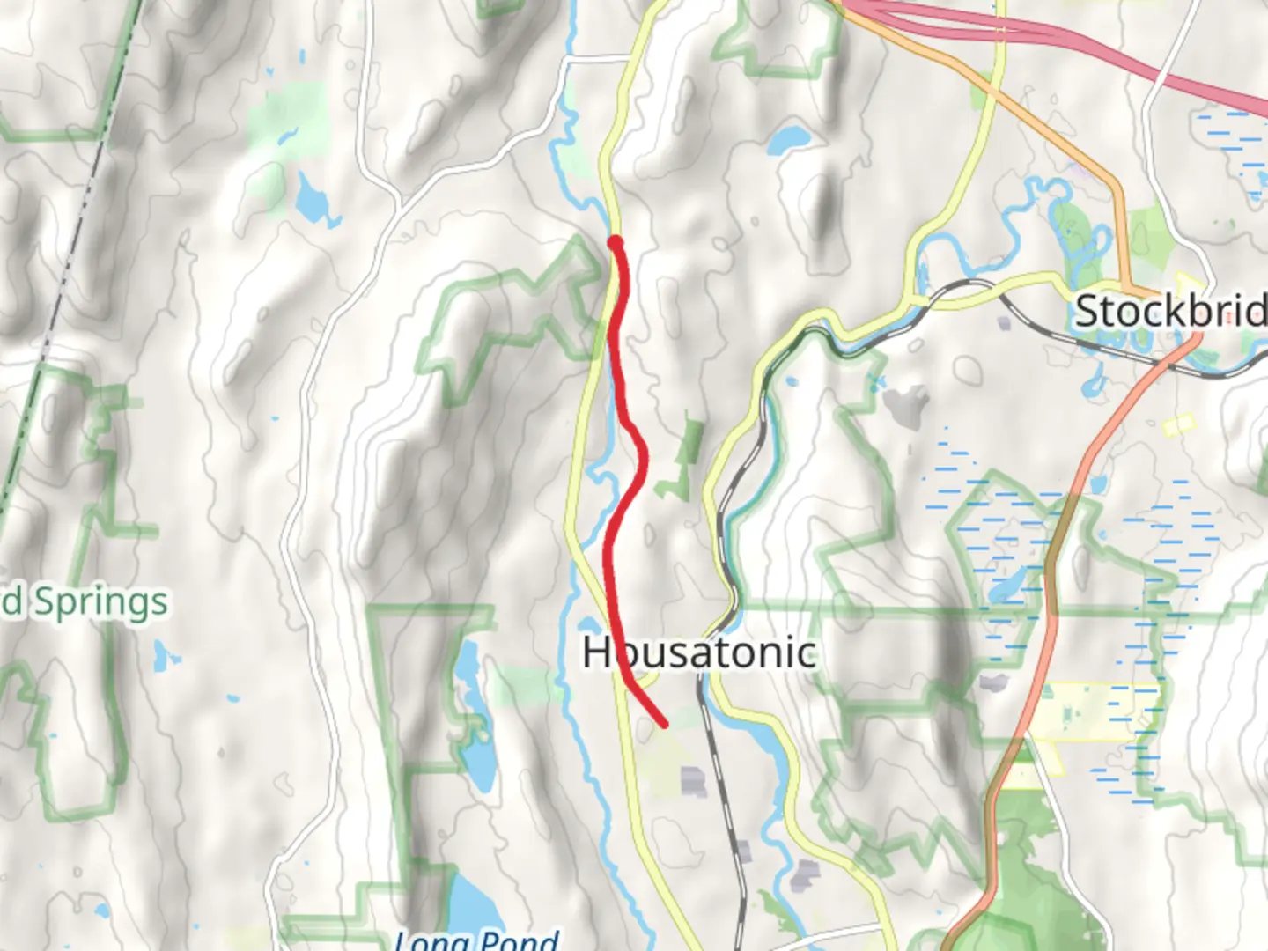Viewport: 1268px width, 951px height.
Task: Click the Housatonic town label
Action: (x=699, y=652)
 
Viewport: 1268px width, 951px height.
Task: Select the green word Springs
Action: (x=100, y=603)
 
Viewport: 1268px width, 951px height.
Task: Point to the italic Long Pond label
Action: (x=476, y=939)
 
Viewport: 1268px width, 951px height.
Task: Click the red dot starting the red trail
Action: (x=616, y=242)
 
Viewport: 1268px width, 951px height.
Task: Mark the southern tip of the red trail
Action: (x=664, y=725)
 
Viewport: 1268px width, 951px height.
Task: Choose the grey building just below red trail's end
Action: (x=693, y=780)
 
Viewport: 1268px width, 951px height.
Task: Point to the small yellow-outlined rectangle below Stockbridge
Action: (x=1178, y=426)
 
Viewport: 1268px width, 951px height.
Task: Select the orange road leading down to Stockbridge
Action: (x=1057, y=132)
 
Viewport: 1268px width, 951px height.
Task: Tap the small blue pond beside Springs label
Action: (x=163, y=654)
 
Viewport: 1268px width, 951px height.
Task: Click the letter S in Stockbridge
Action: (x=1089, y=312)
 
